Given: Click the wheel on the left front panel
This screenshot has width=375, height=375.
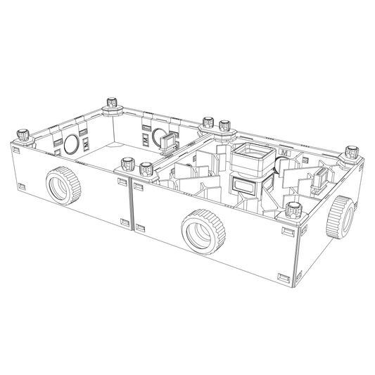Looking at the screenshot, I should [x=61, y=184].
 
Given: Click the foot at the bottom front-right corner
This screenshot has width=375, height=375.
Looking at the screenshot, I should [x=290, y=281].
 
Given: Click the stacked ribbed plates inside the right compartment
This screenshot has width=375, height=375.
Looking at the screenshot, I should [x=248, y=172].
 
